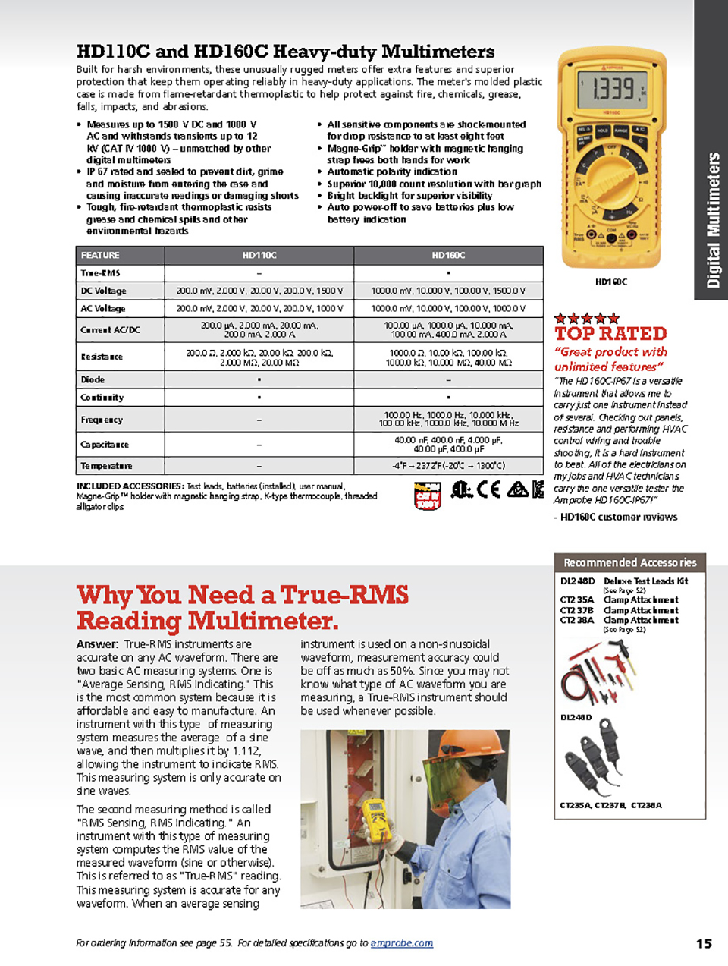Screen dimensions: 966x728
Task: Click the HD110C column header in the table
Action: point(259,256)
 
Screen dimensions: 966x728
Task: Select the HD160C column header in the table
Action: point(448,256)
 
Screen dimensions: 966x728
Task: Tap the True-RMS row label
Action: point(101,273)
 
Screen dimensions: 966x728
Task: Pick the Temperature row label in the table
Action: point(107,466)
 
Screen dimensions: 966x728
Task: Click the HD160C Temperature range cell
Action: point(448,466)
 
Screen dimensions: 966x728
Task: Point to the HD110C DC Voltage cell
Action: point(259,291)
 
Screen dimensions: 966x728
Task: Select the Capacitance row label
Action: point(105,444)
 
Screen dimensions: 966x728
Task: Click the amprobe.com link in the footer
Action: point(402,943)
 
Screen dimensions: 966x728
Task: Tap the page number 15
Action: point(704,943)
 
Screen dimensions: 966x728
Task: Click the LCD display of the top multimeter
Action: point(613,90)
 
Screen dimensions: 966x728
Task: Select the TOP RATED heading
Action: point(610,333)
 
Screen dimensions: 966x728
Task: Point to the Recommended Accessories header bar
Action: point(629,562)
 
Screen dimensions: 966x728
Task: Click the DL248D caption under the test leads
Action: point(576,717)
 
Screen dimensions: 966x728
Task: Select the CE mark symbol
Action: point(488,490)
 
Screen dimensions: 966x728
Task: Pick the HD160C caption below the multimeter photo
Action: point(611,282)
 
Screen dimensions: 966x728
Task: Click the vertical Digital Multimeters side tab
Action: point(712,220)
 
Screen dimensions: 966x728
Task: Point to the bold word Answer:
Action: point(97,644)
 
